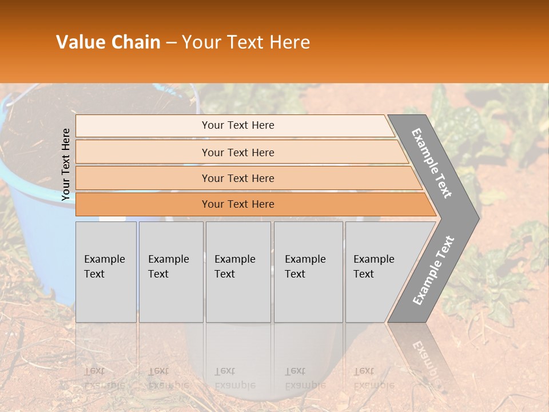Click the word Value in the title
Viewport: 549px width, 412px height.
79,42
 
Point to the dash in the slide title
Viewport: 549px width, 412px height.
171,43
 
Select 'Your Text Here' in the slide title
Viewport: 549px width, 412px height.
246,42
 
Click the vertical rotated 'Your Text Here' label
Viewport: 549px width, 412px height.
66,164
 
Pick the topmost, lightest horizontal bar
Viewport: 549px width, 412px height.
237,125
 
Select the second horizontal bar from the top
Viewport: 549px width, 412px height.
237,152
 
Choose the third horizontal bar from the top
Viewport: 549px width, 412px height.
237,178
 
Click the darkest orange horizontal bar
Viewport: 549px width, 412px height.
237,204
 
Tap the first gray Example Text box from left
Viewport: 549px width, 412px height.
106,272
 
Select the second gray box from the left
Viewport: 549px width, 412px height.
170,272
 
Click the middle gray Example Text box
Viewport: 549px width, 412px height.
238,272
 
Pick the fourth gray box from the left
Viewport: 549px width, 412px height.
308,272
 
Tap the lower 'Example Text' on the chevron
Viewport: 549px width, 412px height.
433,270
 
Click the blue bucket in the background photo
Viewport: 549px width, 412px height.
34,229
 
